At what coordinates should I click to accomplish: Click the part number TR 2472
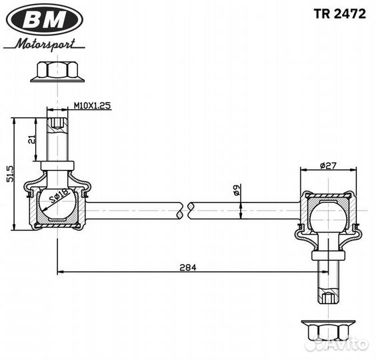click(x=340, y=14)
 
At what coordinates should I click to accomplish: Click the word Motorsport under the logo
click(x=45, y=45)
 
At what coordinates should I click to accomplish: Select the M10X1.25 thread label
click(x=92, y=105)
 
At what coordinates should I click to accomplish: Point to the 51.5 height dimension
click(x=11, y=173)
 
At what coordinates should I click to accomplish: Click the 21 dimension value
click(x=32, y=139)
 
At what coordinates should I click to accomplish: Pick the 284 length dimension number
click(x=188, y=267)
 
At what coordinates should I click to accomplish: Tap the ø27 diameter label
click(x=328, y=165)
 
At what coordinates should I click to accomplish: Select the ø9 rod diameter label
click(x=236, y=190)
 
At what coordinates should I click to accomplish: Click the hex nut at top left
click(x=57, y=72)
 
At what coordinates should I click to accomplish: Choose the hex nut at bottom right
click(x=328, y=331)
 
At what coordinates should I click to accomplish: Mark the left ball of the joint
click(x=57, y=204)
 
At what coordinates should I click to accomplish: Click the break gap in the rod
click(x=185, y=211)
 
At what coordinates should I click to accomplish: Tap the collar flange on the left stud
click(x=57, y=166)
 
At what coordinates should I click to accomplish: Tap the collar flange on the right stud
click(x=328, y=256)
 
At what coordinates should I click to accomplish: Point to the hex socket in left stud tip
click(x=57, y=123)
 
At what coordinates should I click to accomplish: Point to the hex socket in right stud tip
click(x=328, y=298)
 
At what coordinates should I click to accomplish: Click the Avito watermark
click(x=341, y=345)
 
